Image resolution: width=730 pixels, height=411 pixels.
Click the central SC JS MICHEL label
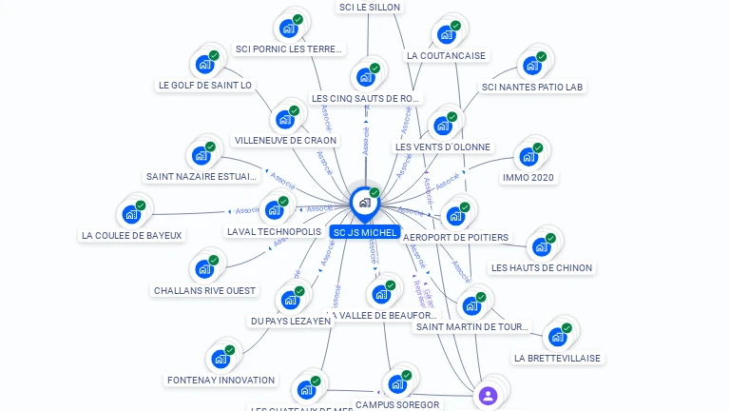[365, 232]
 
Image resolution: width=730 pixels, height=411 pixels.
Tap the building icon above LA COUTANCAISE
[447, 34]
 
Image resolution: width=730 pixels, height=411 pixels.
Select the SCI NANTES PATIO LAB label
[532, 88]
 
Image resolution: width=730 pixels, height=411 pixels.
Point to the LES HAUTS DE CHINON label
[541, 268]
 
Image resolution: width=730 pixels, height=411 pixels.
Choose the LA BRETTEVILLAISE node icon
[558, 336]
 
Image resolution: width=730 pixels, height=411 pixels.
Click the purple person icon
[488, 396]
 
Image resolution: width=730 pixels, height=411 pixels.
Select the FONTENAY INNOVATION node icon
[221, 359]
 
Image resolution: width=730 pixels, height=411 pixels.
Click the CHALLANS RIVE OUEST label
[204, 290]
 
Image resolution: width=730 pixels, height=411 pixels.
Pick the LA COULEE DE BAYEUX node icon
[131, 214]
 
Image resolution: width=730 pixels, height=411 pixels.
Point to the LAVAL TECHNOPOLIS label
[274, 232]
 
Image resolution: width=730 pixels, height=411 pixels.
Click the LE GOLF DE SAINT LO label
[205, 86]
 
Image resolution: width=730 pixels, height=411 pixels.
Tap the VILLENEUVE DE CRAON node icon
[285, 119]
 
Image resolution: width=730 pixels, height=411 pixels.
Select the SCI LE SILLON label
[370, 8]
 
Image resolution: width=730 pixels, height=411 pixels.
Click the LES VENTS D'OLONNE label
[443, 147]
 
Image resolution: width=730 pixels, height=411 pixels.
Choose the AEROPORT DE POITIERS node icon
[455, 216]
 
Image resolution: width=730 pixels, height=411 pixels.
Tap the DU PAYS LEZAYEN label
[291, 322]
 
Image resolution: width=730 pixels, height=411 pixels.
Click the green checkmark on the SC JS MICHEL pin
[375, 193]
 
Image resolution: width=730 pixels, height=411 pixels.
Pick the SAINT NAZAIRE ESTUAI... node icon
[201, 155]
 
